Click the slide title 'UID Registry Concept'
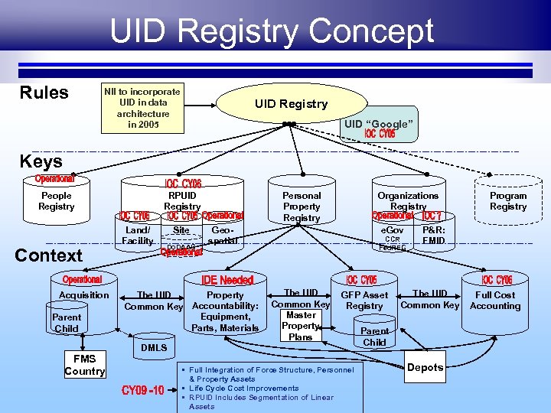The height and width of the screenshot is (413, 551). [272, 31]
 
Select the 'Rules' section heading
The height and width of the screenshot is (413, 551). [44, 93]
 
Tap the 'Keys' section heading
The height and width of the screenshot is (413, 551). [41, 161]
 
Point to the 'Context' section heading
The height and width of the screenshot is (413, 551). [48, 255]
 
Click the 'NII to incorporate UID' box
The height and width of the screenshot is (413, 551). [143, 107]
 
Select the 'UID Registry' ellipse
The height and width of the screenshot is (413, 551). [291, 104]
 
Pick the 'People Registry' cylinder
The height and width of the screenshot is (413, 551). [57, 201]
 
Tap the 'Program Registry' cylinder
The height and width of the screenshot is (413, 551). [508, 201]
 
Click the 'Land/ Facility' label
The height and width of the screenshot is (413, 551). [138, 236]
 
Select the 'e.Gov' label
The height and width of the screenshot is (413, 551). [393, 230]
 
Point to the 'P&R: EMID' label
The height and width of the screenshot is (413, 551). [433, 236]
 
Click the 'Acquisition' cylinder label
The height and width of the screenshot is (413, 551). [84, 295]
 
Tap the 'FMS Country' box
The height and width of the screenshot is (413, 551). [84, 366]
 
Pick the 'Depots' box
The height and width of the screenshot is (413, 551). [425, 367]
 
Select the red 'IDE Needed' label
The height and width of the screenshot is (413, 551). [227, 281]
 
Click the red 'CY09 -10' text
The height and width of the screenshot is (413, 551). [143, 392]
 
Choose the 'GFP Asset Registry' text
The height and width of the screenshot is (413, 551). [364, 301]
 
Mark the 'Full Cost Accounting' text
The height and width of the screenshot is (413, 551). [495, 301]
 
